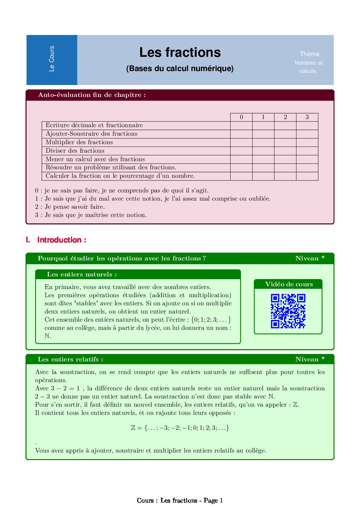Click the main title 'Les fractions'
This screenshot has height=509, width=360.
[180, 52]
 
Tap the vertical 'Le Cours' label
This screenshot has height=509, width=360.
[52, 59]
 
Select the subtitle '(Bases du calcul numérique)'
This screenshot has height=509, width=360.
[180, 68]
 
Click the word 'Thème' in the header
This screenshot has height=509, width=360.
[309, 54]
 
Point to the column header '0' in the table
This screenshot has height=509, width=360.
[241, 117]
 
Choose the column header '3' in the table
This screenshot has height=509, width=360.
[307, 117]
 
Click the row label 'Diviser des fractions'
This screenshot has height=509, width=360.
[75, 151]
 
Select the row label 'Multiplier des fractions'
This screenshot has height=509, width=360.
[79, 142]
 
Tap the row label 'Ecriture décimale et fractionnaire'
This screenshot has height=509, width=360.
[94, 125]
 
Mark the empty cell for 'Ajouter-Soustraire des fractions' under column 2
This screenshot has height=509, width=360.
[285, 134]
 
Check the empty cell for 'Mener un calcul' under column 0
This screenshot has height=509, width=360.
[241, 159]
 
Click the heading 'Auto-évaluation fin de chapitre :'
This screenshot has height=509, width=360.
[92, 95]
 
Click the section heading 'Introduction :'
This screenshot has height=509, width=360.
[62, 240]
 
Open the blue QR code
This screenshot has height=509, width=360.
[288, 311]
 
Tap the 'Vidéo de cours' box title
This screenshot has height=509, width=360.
[289, 284]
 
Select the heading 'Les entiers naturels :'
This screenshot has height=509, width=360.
[82, 274]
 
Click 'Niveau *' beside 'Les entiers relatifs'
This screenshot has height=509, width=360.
[310, 359]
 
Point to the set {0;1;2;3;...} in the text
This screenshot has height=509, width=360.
[211, 320]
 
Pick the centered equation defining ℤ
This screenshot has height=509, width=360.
[180, 428]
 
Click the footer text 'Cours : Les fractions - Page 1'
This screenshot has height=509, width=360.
[180, 500]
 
